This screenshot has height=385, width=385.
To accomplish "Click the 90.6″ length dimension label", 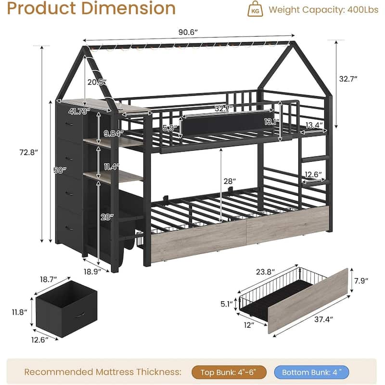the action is [x=188, y=32].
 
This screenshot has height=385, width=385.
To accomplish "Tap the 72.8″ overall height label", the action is [x=29, y=153].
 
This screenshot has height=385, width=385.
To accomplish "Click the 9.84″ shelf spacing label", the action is [x=114, y=134].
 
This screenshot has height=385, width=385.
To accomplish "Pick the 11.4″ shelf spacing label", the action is [x=112, y=167].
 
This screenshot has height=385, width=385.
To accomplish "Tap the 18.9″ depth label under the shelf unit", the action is [x=92, y=272].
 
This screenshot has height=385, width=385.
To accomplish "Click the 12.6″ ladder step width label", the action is [x=313, y=175].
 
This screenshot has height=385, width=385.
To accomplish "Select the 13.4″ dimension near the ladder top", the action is [x=314, y=125].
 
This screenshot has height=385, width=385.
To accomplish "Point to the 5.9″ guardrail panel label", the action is [x=170, y=128].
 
